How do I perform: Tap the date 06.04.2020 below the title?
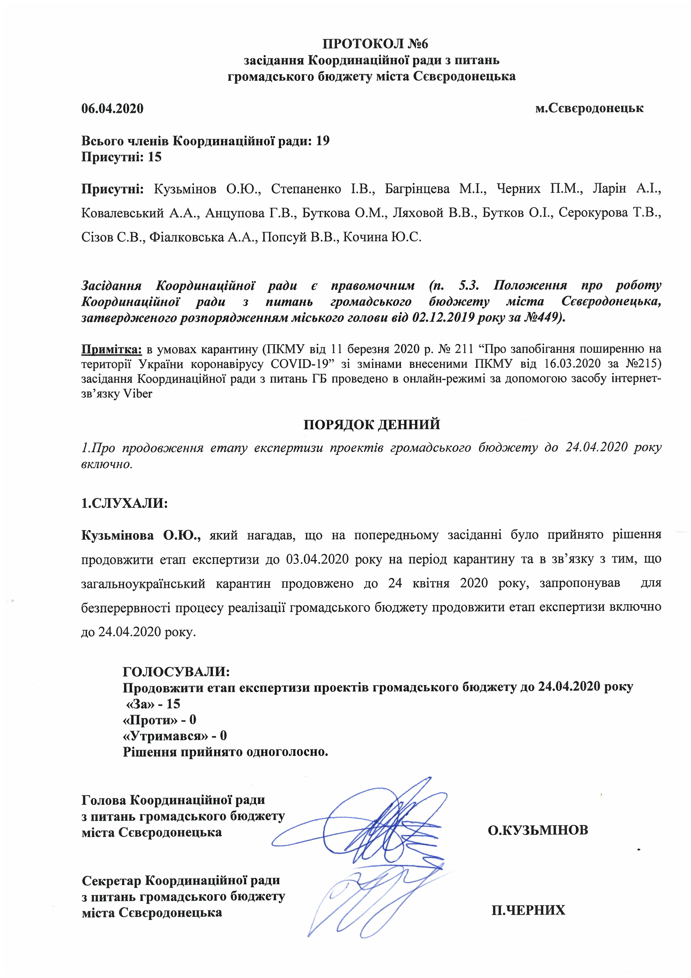112,109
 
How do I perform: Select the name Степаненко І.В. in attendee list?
323,189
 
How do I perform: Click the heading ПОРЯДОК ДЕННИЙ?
372,425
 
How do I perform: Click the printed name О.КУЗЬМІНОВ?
538,830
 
